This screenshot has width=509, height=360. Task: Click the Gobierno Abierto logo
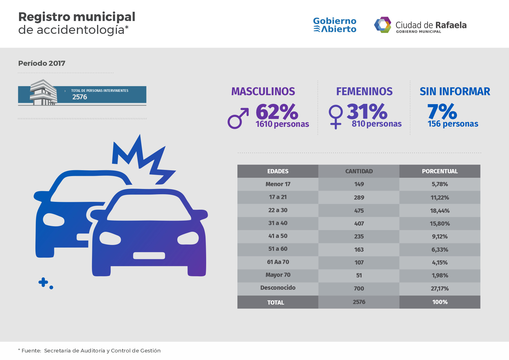[x=335, y=25]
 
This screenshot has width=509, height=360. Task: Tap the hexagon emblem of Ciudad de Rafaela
[x=383, y=25]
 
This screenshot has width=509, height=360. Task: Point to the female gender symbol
[x=336, y=116]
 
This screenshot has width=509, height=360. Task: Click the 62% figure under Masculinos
[x=277, y=112]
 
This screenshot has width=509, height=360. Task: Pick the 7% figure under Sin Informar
[x=442, y=112]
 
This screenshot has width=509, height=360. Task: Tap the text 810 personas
[x=376, y=124]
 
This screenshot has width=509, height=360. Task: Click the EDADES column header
[x=278, y=171]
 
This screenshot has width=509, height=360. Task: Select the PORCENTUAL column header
[x=440, y=171]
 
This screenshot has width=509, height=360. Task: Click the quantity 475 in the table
[x=359, y=211]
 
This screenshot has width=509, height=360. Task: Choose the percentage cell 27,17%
[x=440, y=289]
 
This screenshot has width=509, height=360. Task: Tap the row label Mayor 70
[x=278, y=275]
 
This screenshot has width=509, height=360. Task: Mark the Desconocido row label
[x=278, y=288]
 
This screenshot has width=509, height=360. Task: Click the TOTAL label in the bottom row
[x=275, y=303]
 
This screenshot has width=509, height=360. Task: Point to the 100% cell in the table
[x=440, y=302]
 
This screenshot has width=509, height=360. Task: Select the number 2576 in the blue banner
[x=80, y=97]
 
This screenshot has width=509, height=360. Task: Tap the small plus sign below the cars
[x=43, y=282]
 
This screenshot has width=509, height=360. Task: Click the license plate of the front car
[x=149, y=256]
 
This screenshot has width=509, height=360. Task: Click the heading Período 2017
[x=42, y=63]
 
